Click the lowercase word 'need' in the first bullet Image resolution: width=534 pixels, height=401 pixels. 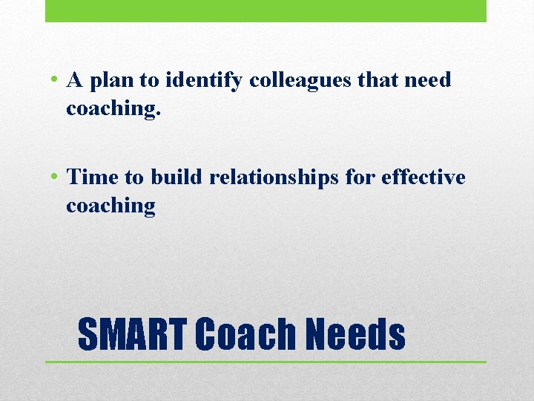428,80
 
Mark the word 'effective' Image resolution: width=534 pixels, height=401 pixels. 424,177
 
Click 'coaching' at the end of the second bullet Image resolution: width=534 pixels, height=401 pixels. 111,206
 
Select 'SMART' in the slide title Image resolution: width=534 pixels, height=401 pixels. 131,334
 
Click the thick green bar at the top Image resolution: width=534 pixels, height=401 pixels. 266,10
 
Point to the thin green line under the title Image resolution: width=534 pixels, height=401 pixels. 266,362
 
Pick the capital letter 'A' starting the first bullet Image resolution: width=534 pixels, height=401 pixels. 74,80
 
